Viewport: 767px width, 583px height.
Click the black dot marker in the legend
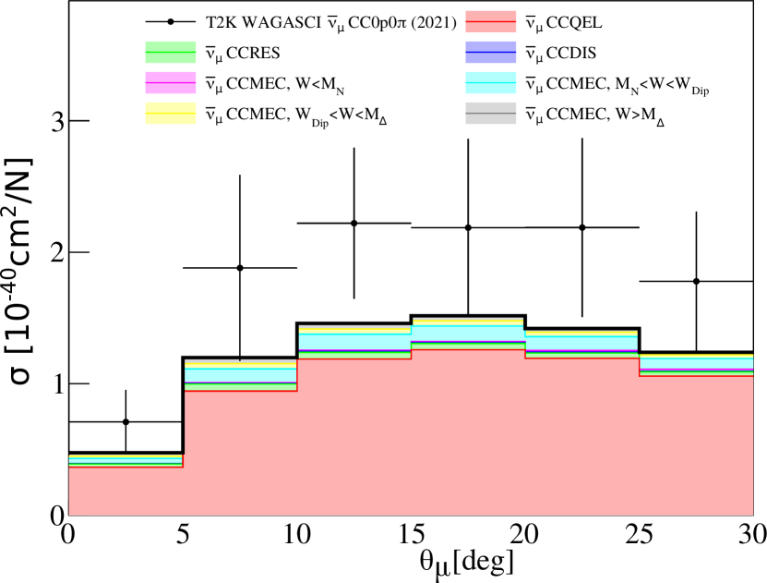(171, 21)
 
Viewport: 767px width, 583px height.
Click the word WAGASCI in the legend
(280, 21)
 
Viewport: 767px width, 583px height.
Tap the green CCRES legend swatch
(171, 53)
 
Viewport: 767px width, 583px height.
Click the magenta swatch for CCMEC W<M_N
(171, 83)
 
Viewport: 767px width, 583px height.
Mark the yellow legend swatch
(171, 114)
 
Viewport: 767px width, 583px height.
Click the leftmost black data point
(126, 422)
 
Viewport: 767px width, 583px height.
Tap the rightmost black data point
(696, 281)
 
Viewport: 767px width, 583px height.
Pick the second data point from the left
(240, 268)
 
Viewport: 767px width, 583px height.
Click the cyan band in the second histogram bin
(240, 375)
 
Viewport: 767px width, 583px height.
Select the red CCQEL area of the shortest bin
(126, 490)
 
